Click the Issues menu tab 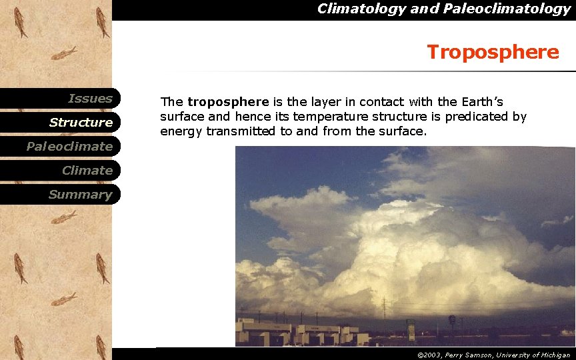click(x=90, y=99)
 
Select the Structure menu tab click(x=81, y=123)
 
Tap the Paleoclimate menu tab click(x=69, y=147)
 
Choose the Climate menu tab click(x=87, y=171)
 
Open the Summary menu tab click(x=80, y=195)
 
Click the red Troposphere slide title click(x=493, y=52)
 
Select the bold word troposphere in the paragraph click(x=228, y=102)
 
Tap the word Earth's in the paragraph click(x=480, y=102)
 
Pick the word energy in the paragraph click(x=181, y=131)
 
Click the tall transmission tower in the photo click(x=383, y=308)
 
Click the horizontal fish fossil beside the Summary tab click(x=65, y=217)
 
